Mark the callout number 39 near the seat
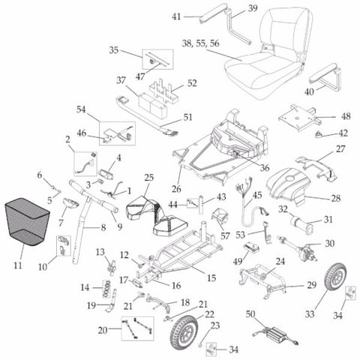pyautogui.click(x=253, y=7)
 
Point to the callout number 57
pyautogui.click(x=224, y=235)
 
